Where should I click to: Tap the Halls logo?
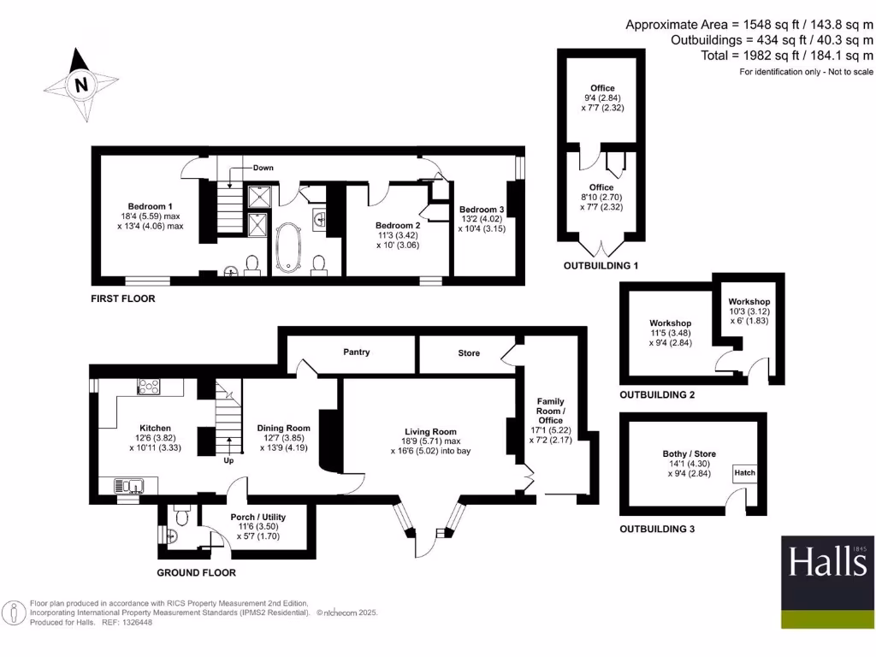[827, 582]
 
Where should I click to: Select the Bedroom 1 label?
[151, 206]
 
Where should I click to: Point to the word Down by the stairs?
[263, 168]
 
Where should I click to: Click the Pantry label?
[357, 352]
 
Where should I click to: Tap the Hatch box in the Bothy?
[745, 472]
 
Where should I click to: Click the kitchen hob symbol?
[149, 388]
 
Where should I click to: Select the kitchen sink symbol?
[130, 487]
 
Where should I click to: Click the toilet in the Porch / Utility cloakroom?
[181, 515]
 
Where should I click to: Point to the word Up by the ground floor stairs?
[228, 460]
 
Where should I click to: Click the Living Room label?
[431, 432]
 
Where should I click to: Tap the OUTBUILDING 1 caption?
[601, 266]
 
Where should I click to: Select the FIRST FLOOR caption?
[123, 299]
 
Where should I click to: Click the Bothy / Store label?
[689, 453]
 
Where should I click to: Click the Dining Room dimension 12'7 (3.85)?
[283, 438]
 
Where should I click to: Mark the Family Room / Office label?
[550, 411]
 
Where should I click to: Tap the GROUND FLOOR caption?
[196, 572]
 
